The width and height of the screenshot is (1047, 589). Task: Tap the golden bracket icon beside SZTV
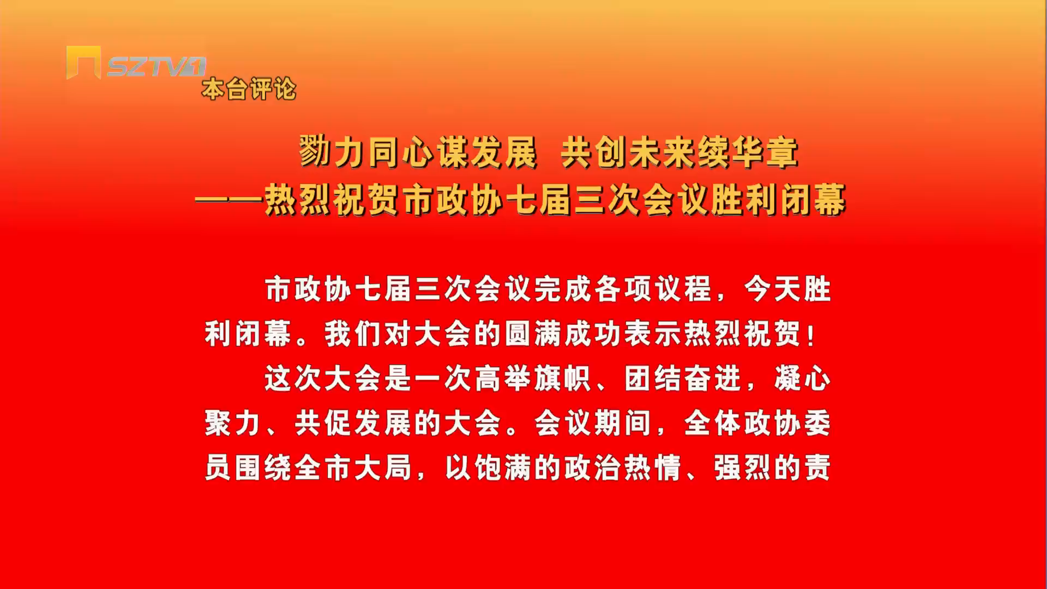pos(83,62)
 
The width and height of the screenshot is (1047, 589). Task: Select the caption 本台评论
pos(249,89)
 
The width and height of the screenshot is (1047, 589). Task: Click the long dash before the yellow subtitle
pos(230,200)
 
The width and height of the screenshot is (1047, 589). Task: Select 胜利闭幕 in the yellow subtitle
pos(778,200)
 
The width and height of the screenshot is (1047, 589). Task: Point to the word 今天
pos(773,289)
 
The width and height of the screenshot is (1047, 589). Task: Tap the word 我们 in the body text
pos(353,334)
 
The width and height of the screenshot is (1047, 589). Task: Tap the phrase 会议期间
pos(593,424)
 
